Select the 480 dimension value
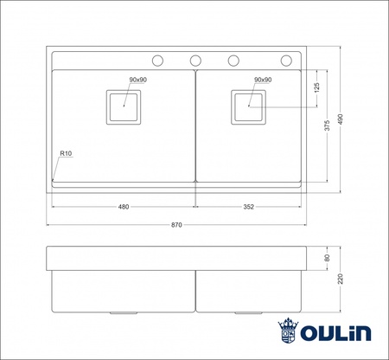point(124,207)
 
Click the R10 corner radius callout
point(65,153)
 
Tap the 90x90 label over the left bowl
point(138,80)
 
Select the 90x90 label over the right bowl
point(263,80)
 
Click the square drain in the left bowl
point(124,106)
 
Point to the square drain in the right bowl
point(250,106)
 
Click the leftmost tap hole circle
point(158,60)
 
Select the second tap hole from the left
point(195,60)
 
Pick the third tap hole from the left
point(233,60)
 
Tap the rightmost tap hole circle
point(287,60)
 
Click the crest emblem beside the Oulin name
point(288,331)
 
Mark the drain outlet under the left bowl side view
point(124,311)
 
